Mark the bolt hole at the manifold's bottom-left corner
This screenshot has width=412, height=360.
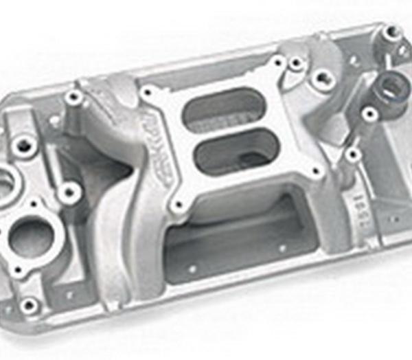pyautogui.click(x=28, y=305)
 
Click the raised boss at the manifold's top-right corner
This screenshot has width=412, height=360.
pyautogui.click(x=391, y=31)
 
